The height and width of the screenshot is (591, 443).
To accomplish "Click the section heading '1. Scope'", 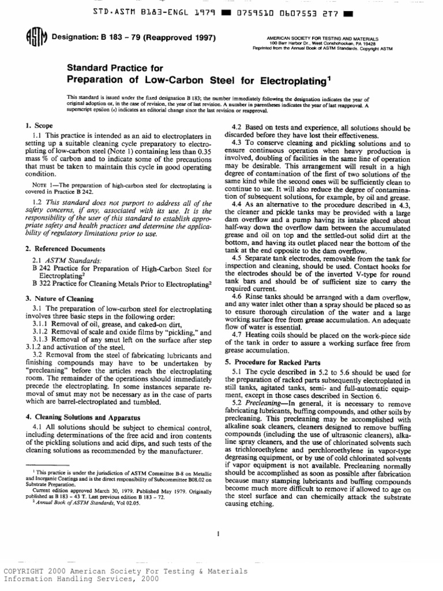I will [x=40, y=125].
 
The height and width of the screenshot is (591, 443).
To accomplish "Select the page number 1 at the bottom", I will [x=219, y=534].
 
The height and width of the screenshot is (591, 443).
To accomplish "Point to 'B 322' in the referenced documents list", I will [x=39, y=283].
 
